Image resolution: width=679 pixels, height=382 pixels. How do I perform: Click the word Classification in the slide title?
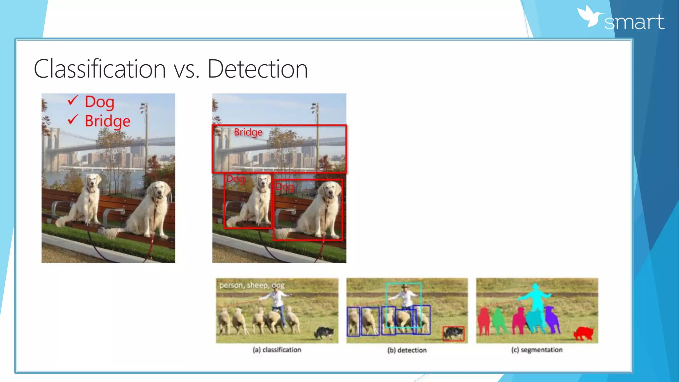click(x=99, y=69)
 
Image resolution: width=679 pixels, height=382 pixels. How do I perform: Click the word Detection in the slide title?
click(x=258, y=69)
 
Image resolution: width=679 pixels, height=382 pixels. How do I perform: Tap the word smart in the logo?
click(x=634, y=22)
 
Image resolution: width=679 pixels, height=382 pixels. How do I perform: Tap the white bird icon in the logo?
click(x=590, y=16)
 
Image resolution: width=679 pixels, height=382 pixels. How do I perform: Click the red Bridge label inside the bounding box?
click(x=248, y=132)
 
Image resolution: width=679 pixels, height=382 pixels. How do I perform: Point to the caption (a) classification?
click(x=277, y=350)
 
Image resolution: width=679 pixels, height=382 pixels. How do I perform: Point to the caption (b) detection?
click(x=407, y=350)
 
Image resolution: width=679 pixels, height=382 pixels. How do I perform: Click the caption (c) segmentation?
click(x=537, y=350)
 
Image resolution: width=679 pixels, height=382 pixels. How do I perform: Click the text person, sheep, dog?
click(x=252, y=285)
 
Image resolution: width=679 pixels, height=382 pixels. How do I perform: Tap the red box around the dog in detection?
click(x=454, y=334)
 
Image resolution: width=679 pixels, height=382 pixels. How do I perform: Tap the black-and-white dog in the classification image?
click(x=324, y=332)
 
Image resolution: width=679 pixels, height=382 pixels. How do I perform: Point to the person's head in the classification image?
click(x=275, y=289)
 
